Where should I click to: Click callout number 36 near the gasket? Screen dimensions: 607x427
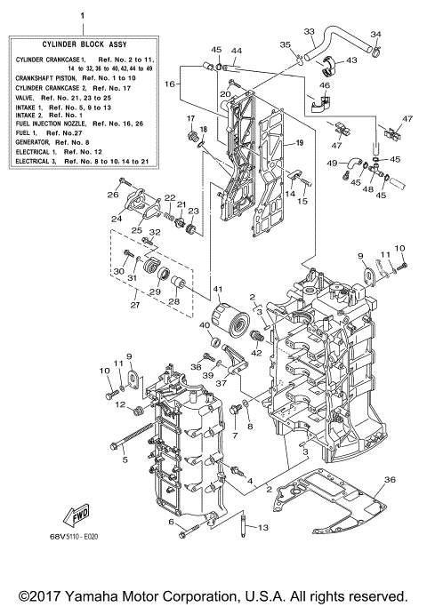[x=388, y=481]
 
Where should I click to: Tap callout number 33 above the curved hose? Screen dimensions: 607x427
[x=310, y=32]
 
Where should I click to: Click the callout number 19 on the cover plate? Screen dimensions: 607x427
[x=299, y=143]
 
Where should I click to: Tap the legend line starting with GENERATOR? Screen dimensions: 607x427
[x=53, y=140]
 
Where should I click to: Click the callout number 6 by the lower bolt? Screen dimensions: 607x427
[x=170, y=523]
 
